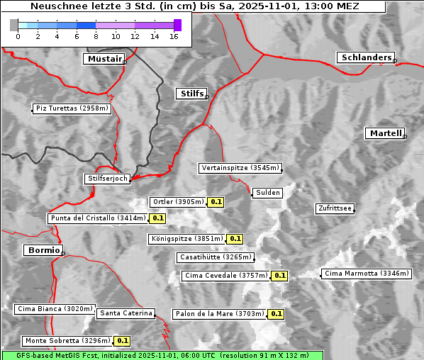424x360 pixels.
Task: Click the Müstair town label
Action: [104, 59]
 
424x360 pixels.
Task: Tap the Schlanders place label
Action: [365, 57]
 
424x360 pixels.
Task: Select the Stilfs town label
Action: [191, 94]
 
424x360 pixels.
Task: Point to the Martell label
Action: [385, 133]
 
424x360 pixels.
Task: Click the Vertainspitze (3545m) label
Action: [240, 168]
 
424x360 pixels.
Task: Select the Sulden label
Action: [267, 193]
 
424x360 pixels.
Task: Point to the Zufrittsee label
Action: [335, 208]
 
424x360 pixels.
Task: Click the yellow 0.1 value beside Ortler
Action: [216, 202]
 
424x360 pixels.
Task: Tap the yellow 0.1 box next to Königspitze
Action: [235, 239]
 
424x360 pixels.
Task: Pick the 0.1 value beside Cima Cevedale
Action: [279, 276]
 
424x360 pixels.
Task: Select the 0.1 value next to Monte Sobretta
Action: [122, 341]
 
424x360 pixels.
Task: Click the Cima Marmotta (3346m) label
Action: [367, 274]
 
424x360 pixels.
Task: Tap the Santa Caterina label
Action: [125, 313]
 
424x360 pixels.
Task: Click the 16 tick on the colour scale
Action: [174, 36]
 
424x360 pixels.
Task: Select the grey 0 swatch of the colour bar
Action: [14, 25]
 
